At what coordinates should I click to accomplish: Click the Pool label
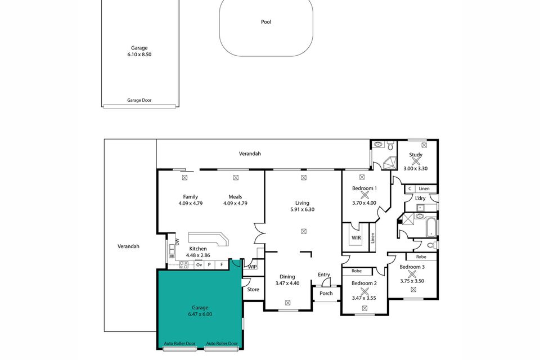[266, 22]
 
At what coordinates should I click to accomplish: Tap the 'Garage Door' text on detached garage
[139, 101]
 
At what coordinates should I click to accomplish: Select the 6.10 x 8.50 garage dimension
[139, 55]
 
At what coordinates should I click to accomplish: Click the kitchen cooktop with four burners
[183, 264]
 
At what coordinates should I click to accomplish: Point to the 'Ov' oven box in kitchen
[199, 264]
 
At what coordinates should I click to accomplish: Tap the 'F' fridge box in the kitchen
[221, 264]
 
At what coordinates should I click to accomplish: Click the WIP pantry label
[253, 267]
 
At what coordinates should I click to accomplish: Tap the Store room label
[253, 290]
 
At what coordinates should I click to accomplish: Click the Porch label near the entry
[326, 293]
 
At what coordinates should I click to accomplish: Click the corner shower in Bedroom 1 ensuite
[388, 163]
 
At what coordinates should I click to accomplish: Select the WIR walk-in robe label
[355, 238]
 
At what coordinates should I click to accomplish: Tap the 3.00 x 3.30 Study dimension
[416, 168]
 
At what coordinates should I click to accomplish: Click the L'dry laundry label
[420, 199]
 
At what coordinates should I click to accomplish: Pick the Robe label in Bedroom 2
[356, 271]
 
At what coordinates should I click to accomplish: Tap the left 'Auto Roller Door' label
[179, 343]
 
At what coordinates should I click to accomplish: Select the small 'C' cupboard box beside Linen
[410, 188]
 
